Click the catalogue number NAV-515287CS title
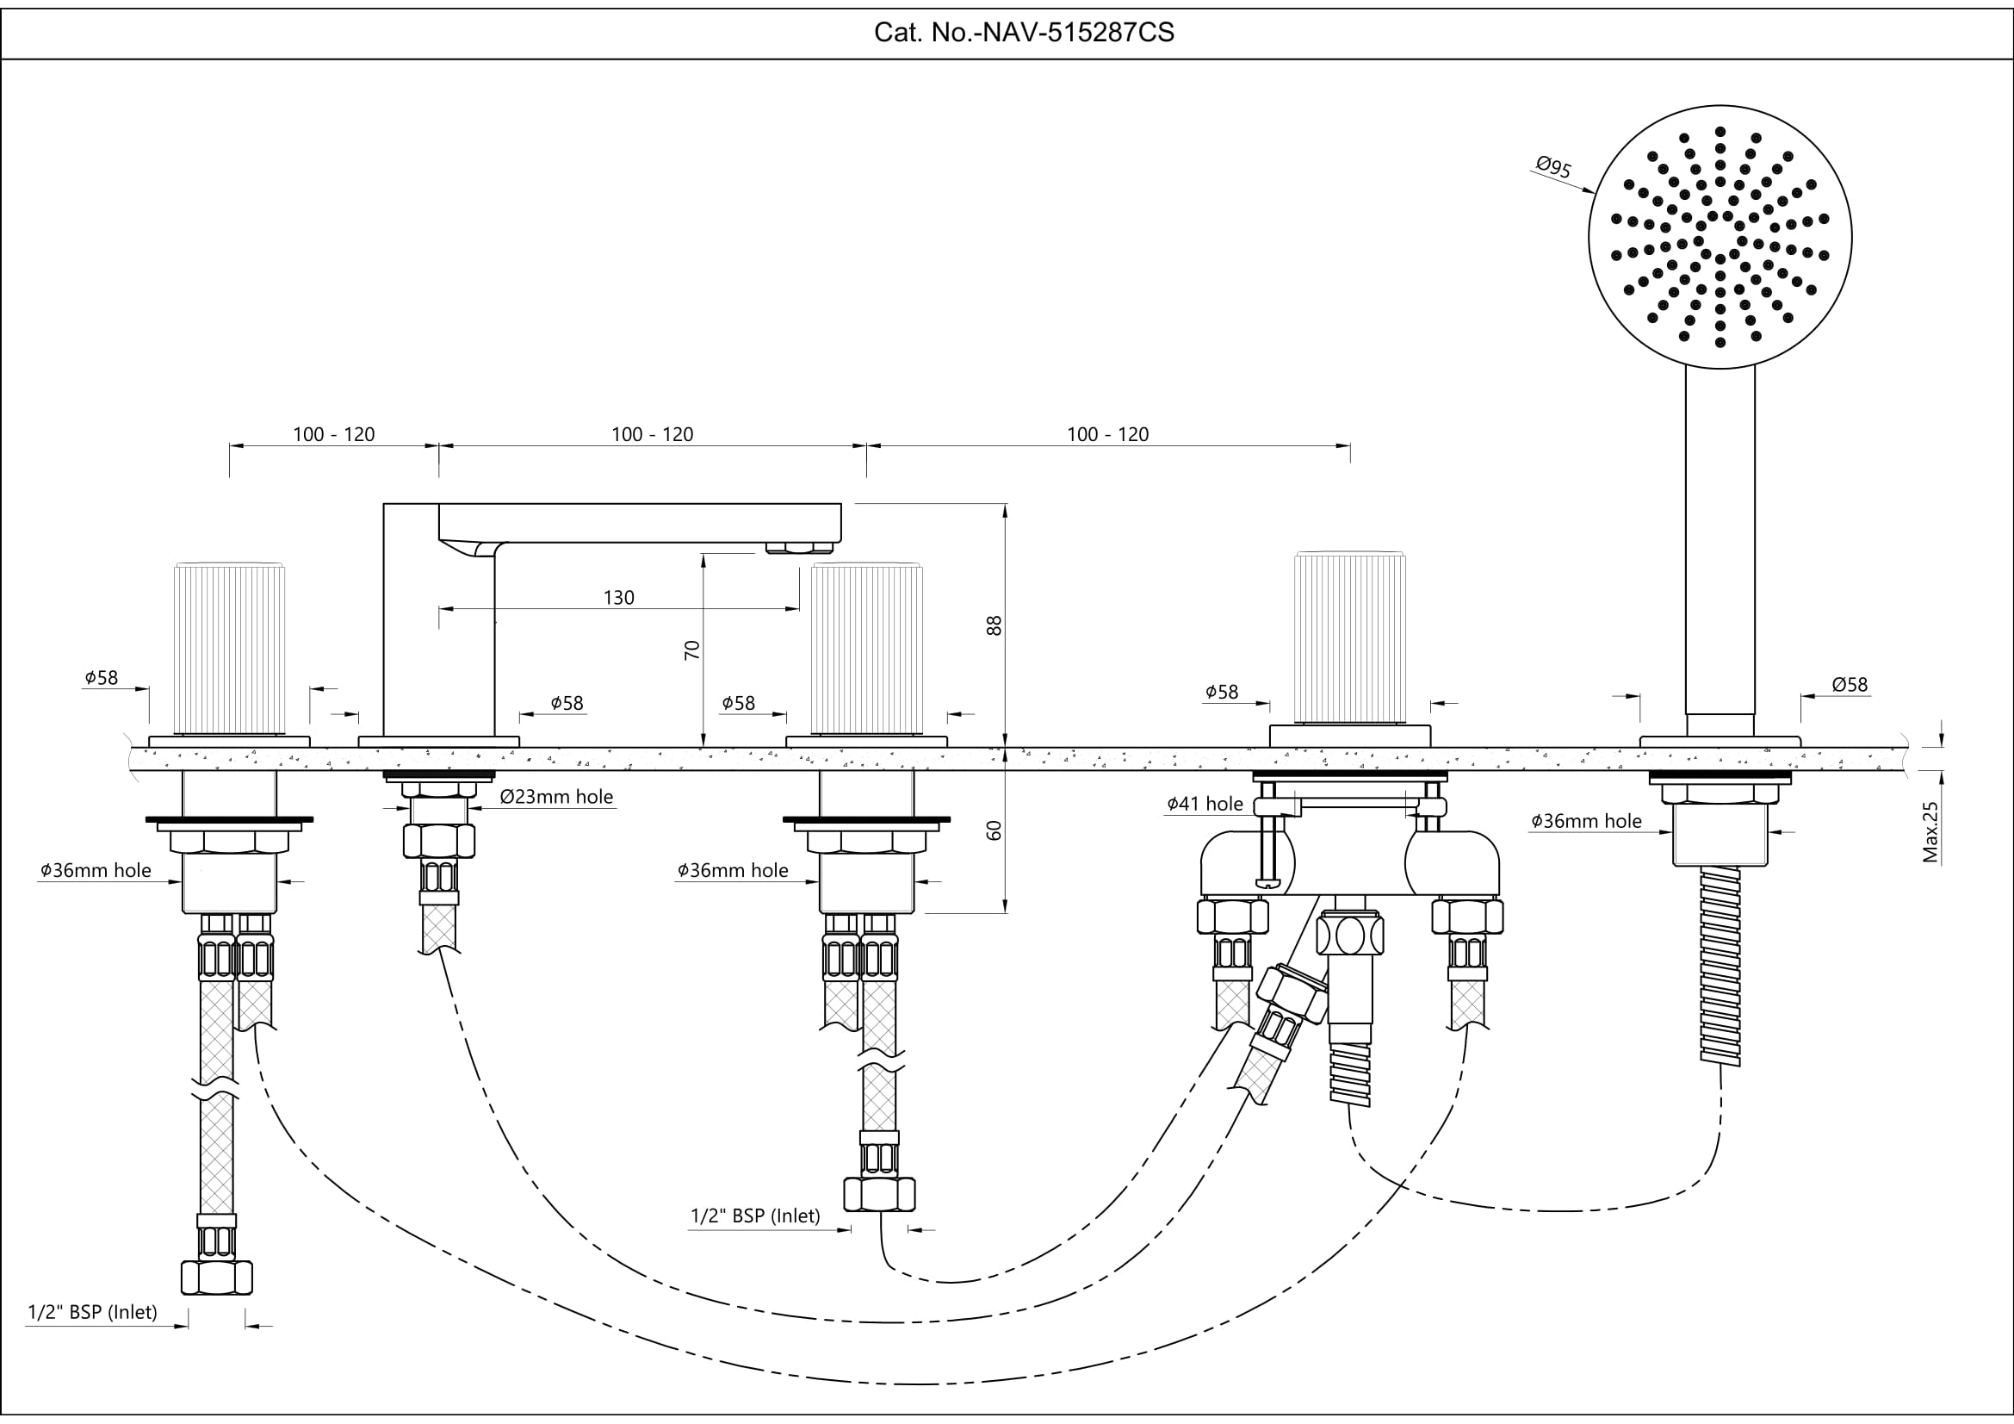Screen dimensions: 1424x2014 (1024, 33)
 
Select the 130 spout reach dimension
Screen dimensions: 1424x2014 (618, 598)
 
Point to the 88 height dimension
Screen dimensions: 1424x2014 (994, 625)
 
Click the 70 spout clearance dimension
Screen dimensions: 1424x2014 (692, 650)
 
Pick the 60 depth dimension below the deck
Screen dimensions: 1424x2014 (994, 830)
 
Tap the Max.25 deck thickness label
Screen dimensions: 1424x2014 (1930, 832)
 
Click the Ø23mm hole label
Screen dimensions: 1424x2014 (556, 797)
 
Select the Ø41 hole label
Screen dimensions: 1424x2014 (1205, 804)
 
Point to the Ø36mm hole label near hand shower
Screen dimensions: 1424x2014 (1586, 821)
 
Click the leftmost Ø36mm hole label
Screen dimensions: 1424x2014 (96, 870)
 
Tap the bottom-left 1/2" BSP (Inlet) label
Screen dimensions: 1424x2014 (92, 1312)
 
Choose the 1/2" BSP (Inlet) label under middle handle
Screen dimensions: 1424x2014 (755, 1216)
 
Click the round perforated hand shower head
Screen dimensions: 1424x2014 (1720, 237)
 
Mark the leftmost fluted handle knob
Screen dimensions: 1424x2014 (230, 648)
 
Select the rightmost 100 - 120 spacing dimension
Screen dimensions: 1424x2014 (1108, 434)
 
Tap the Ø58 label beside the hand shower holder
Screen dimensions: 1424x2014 (1850, 684)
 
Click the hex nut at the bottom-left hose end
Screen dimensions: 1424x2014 (217, 1278)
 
